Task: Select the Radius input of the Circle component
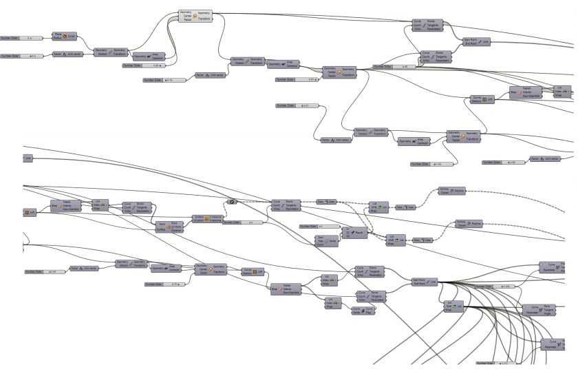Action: [x=57, y=37]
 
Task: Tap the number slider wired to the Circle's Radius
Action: [x=21, y=38]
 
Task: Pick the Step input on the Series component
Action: [x=319, y=240]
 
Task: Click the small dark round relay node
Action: [x=232, y=202]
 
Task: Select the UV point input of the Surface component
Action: [x=197, y=220]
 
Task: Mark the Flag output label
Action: [x=370, y=310]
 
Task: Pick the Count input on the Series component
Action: [x=319, y=245]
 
